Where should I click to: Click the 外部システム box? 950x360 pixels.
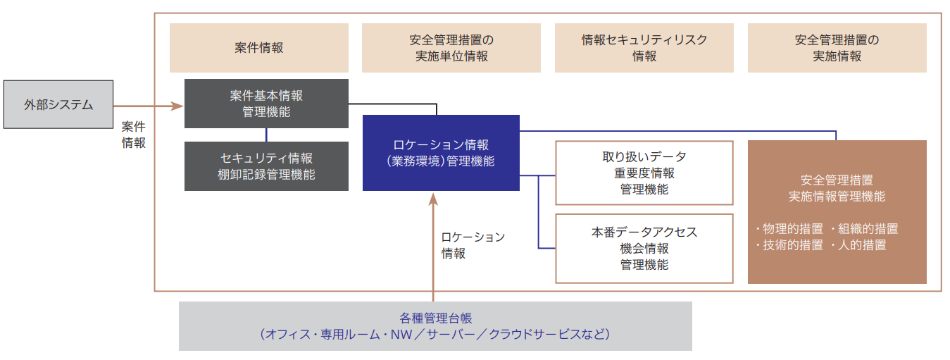[x=58, y=104]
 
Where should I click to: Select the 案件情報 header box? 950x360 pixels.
[x=258, y=48]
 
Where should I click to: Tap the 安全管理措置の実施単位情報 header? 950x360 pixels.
[x=451, y=48]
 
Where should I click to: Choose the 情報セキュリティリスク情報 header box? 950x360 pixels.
[x=644, y=48]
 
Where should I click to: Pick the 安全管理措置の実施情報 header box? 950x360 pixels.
[x=837, y=48]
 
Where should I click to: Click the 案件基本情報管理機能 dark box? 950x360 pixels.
[x=266, y=103]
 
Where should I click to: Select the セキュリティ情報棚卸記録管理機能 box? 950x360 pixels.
[x=266, y=166]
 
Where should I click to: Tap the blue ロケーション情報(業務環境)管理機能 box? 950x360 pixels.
[x=441, y=153]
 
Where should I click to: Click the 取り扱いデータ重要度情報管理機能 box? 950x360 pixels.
[x=644, y=173]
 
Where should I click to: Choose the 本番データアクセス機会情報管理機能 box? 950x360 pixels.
[x=644, y=248]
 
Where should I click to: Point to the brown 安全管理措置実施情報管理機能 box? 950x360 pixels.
[x=837, y=211]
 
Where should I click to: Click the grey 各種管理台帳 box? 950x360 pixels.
[x=435, y=326]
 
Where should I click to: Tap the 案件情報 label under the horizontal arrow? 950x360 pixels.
[x=134, y=135]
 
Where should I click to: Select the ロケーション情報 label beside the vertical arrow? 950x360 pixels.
[x=473, y=245]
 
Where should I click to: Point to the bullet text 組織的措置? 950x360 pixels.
[x=867, y=229]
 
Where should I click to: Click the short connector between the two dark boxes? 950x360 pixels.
[x=266, y=135]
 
